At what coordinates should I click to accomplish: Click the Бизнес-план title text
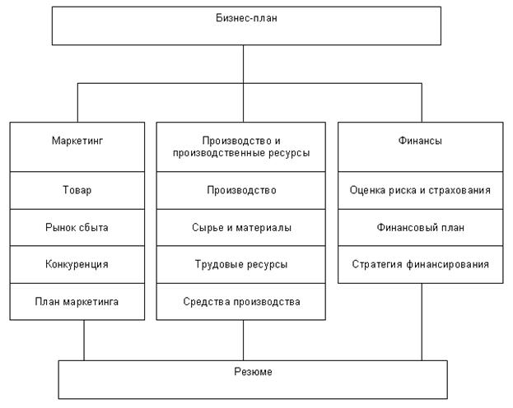246,17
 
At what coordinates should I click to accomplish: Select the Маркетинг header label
77,141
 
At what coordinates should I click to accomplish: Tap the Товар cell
77,190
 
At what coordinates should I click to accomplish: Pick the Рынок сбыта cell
77,228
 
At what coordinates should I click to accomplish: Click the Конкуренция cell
77,264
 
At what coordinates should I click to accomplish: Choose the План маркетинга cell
77,301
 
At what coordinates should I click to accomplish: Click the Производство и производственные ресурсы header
241,146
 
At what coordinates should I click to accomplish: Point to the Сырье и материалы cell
241,228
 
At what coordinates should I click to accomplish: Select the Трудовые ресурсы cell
241,264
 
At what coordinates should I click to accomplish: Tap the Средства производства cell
241,301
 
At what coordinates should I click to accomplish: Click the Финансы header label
420,141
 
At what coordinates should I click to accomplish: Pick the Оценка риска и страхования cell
420,190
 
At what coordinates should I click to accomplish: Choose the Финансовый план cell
420,228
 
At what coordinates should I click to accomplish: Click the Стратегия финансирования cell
420,264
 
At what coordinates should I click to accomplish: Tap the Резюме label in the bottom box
253,372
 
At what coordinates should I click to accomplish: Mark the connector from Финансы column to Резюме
422,322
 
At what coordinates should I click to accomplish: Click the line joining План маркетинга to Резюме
84,341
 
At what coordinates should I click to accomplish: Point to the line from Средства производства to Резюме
244,341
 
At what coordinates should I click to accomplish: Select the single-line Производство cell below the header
241,190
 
